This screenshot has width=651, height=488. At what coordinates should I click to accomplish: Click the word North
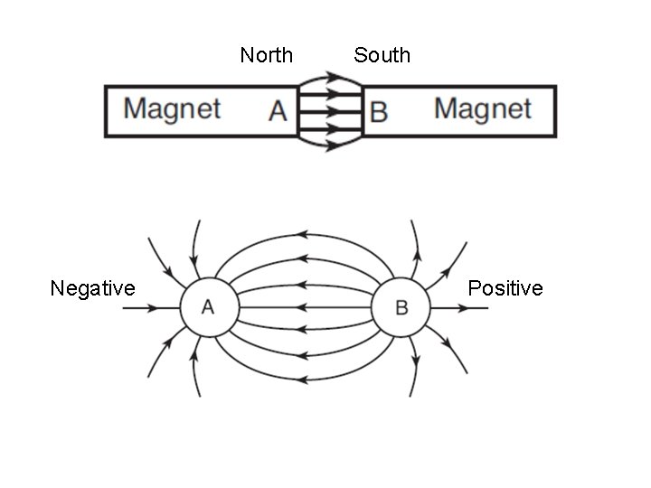point(267,55)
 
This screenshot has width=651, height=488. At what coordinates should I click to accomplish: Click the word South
point(382,55)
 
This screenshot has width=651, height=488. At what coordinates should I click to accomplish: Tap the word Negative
point(92,288)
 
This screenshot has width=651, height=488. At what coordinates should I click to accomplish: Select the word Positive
point(505,288)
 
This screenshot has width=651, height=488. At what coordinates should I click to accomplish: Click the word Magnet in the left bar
point(172,109)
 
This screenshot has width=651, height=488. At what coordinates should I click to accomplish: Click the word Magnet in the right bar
point(482,108)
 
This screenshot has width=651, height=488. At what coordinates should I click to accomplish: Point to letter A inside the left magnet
point(278,111)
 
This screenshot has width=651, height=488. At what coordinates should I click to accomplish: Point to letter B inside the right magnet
point(379,112)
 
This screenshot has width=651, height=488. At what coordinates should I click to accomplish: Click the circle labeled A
point(208,307)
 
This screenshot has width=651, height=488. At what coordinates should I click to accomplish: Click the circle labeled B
point(401,307)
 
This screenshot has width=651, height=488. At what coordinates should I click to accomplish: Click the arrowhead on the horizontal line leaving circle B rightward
point(462,307)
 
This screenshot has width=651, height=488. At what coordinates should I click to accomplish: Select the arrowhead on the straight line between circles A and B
point(302,307)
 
